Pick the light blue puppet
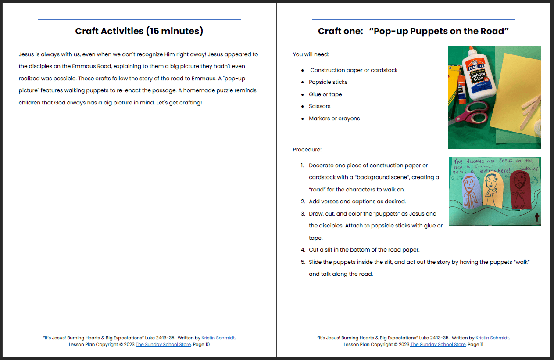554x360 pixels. [x=469, y=191]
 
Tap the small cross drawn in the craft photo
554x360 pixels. [x=536, y=217]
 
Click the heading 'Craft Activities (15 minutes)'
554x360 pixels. [x=139, y=31]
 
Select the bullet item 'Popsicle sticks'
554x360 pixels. [x=328, y=82]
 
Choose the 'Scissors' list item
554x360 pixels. [x=319, y=106]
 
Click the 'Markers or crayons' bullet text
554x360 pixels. [x=334, y=119]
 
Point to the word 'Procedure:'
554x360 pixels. [x=307, y=150]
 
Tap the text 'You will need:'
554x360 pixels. [x=311, y=54]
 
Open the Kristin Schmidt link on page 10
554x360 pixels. [x=218, y=338]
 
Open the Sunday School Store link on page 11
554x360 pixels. [x=438, y=345]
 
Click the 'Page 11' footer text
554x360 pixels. [x=475, y=345]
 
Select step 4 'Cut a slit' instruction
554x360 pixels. [x=364, y=250]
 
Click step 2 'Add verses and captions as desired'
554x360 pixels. [x=357, y=202]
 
